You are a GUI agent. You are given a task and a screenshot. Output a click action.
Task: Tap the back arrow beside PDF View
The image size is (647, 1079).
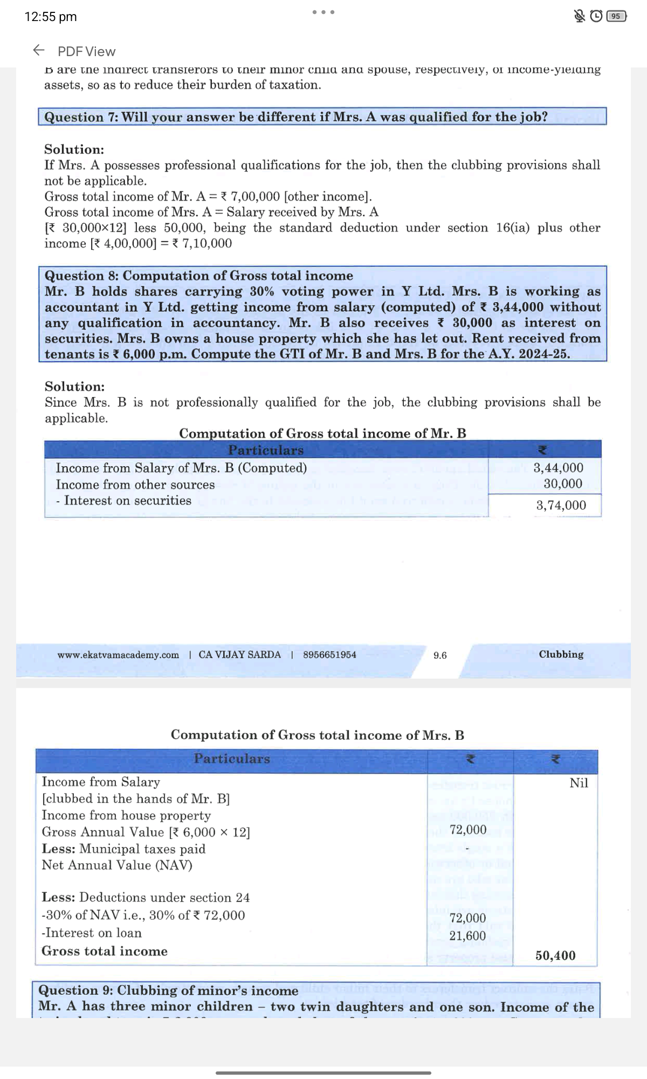39,51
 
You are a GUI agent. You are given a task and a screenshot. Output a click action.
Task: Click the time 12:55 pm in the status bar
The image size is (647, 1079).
51,17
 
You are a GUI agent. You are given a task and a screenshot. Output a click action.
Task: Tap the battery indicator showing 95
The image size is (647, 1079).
616,16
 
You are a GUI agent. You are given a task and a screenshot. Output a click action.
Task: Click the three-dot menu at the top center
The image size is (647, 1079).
323,12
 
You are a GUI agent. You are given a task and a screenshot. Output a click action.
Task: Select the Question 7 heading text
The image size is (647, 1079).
295,117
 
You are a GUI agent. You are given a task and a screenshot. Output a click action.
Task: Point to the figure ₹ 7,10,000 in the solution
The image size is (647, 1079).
202,243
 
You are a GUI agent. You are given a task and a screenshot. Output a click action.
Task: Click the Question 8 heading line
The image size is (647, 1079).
198,276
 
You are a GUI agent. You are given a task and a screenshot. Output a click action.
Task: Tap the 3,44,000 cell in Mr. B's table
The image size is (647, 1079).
558,468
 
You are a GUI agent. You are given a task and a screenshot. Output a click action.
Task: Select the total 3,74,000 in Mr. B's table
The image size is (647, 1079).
561,506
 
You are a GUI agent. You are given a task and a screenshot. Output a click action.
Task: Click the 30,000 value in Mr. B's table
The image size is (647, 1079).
562,484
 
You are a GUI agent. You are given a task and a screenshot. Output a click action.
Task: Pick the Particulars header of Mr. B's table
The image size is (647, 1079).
266,450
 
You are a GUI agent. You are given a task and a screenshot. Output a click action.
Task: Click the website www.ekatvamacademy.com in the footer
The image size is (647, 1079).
118,655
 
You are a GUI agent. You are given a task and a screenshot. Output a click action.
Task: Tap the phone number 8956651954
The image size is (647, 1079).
329,655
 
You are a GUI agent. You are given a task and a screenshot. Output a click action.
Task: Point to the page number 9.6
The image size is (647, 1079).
440,655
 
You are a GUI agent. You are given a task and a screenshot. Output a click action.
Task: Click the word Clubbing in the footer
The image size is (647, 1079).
561,654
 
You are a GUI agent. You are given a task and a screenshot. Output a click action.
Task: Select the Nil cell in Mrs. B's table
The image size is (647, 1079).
579,783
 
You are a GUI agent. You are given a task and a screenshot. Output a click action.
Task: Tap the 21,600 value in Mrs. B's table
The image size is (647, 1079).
467,936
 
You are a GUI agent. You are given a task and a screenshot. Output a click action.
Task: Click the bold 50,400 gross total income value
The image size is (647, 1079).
555,955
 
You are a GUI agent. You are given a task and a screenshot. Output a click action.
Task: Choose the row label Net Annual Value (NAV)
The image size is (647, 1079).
117,865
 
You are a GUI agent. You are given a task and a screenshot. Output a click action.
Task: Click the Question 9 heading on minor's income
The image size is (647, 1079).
168,991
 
